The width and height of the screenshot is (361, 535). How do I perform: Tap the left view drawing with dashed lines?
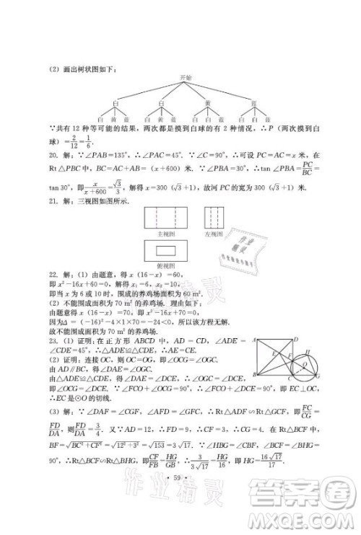pos(214,217)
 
